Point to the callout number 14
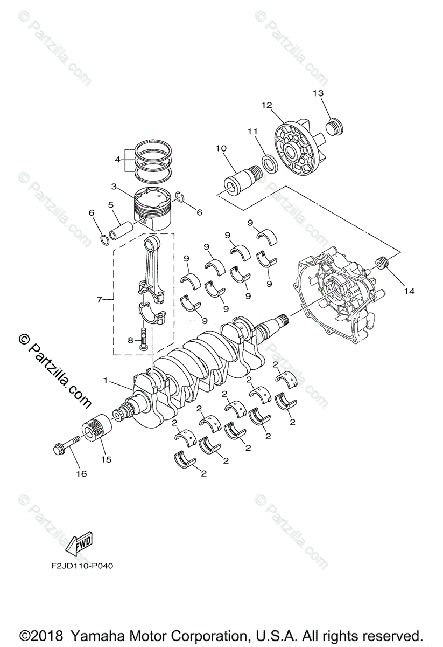[x=409, y=291]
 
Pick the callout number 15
[x=106, y=459]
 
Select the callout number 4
[x=117, y=159]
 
